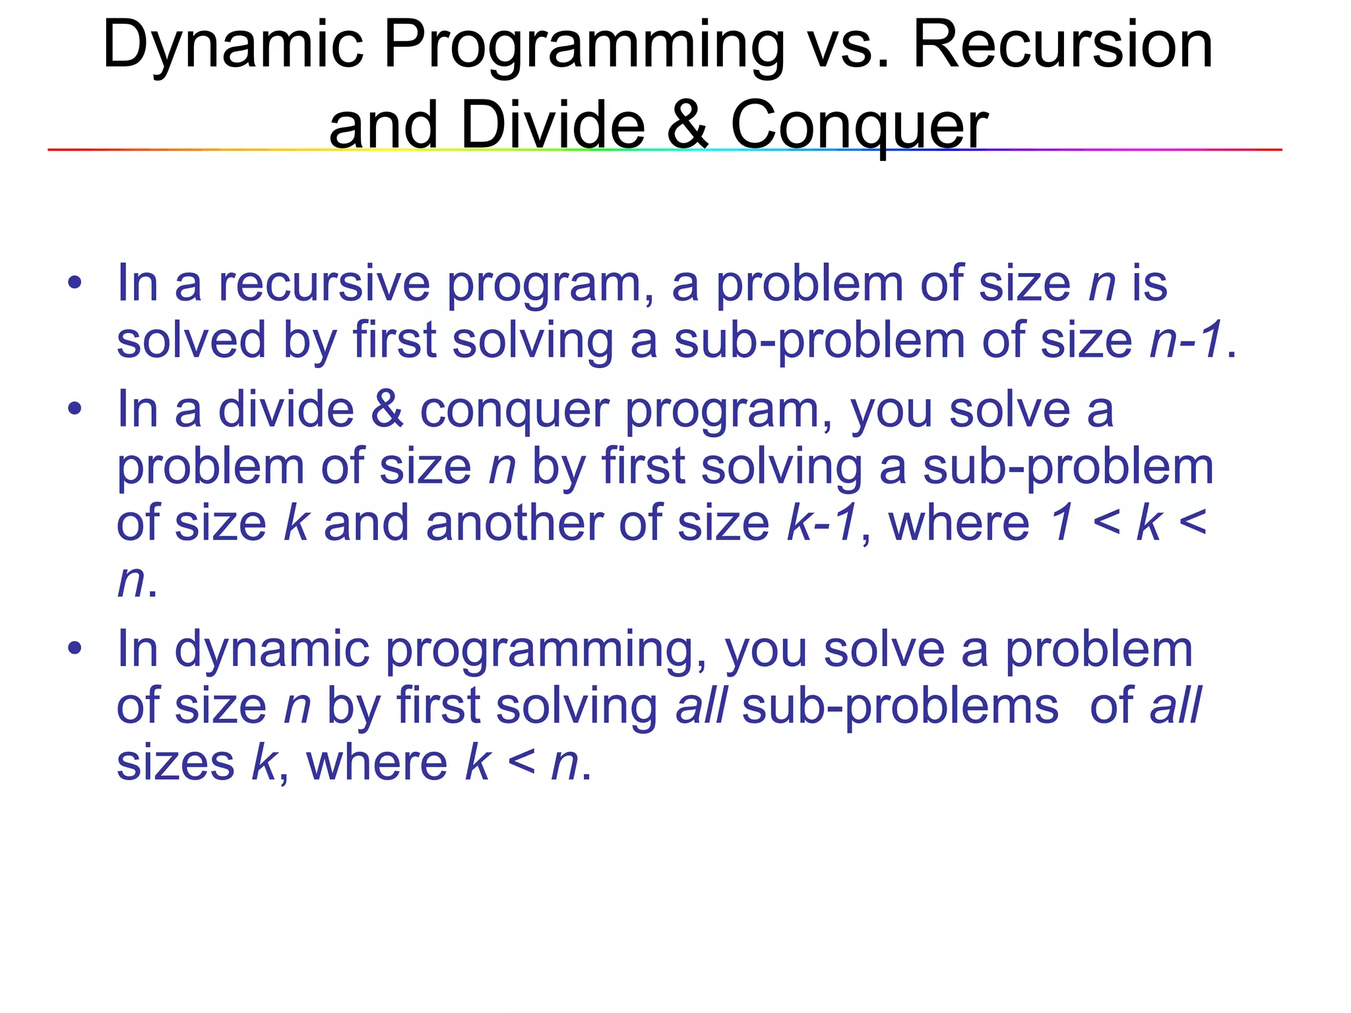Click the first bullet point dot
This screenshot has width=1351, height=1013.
point(75,284)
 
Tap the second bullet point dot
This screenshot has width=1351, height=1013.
point(75,410)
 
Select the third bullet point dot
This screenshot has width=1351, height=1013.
point(75,649)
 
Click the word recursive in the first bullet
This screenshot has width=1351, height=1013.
point(324,284)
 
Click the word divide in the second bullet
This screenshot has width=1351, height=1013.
point(286,410)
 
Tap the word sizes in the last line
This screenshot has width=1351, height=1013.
point(175,763)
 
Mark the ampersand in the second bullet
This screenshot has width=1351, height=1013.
point(387,410)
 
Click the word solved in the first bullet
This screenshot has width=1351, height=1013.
point(191,340)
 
